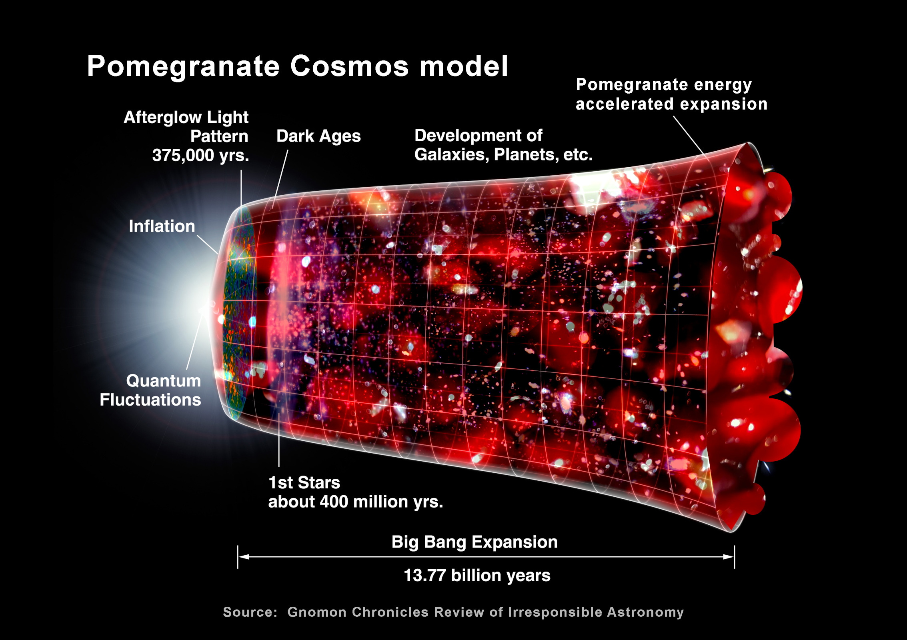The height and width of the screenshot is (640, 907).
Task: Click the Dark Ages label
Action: coord(318,136)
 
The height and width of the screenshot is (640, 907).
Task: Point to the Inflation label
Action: coord(162,226)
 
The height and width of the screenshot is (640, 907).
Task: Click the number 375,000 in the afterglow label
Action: coord(183,156)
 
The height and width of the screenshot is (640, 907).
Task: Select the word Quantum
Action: coord(164,381)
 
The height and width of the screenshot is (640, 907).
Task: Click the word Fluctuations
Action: coord(150,400)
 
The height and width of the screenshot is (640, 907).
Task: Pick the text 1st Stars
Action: coord(304,483)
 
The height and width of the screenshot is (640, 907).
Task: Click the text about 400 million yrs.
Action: coord(356,502)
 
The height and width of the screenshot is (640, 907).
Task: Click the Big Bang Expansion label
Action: coord(475,542)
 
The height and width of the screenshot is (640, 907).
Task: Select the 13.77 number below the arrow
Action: coord(425,576)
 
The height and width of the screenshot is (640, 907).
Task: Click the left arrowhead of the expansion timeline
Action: coord(244,557)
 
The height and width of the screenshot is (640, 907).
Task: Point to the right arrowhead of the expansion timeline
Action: coord(729,557)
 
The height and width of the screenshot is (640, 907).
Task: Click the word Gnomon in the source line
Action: coord(317,612)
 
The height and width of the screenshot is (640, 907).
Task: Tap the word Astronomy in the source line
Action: coord(645,612)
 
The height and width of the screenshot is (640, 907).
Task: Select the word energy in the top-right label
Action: coord(723,86)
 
